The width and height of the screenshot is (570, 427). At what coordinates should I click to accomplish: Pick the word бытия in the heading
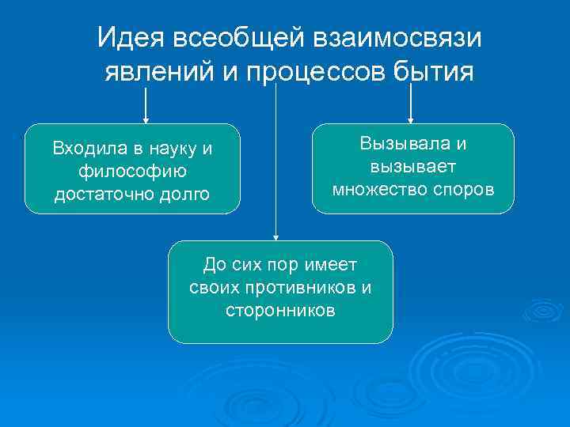[434, 72]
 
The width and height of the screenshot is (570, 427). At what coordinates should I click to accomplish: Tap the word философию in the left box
[132, 171]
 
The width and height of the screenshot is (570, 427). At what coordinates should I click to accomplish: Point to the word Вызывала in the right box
[404, 144]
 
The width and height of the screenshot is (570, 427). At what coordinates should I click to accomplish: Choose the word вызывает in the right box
[412, 167]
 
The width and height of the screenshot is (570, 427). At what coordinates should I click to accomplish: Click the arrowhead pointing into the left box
[146, 120]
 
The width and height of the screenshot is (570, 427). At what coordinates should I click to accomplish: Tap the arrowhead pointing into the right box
[410, 120]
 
